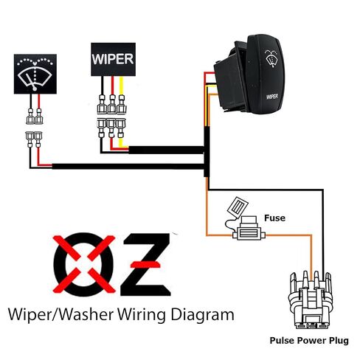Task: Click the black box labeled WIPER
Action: click(x=113, y=59)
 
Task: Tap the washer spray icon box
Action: click(x=35, y=74)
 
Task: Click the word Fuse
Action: click(x=274, y=218)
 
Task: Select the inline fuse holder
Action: click(x=249, y=228)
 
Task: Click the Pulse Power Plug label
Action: click(x=309, y=341)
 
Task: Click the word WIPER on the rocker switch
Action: click(x=272, y=97)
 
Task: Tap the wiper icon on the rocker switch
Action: click(x=271, y=58)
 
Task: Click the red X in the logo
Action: click(x=84, y=264)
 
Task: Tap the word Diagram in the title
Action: click(x=202, y=315)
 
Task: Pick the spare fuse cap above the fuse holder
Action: click(x=238, y=206)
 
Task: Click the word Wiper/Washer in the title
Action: click(x=60, y=315)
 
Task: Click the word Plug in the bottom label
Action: click(x=339, y=341)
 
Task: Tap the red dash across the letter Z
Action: click(x=145, y=264)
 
